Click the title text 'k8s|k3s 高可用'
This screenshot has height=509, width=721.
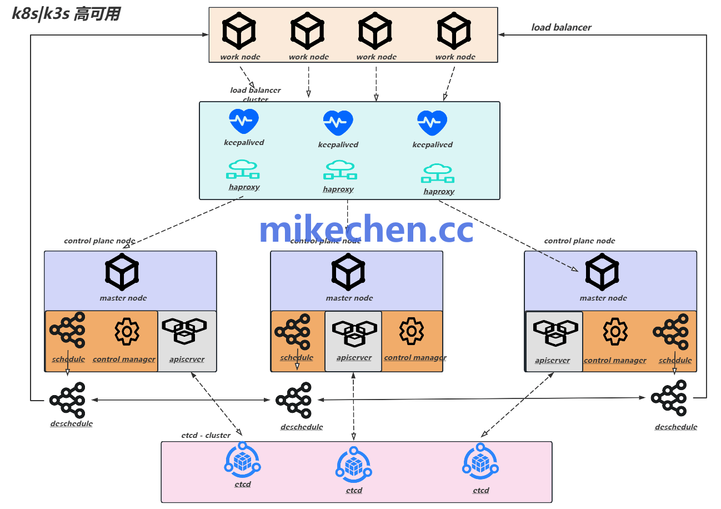(66, 14)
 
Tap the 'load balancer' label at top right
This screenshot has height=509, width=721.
(561, 27)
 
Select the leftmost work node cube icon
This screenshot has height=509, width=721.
(239, 32)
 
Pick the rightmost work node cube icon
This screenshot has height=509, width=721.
(454, 32)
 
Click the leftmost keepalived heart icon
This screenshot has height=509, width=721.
(244, 121)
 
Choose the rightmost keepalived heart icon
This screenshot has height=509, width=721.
(432, 122)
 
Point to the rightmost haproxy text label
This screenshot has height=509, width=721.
(439, 192)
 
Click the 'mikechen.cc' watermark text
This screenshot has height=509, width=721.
(366, 229)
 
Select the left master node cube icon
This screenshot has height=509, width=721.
(122, 272)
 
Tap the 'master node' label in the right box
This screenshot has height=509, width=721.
(603, 298)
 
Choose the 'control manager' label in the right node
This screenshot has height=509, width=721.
(615, 361)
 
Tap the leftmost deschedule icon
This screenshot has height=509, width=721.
(67, 400)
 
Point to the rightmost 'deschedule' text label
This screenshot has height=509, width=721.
(676, 427)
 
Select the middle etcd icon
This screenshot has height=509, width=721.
(354, 466)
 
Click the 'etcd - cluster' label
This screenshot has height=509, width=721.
(206, 435)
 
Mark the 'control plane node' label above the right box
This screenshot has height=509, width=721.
(579, 241)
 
